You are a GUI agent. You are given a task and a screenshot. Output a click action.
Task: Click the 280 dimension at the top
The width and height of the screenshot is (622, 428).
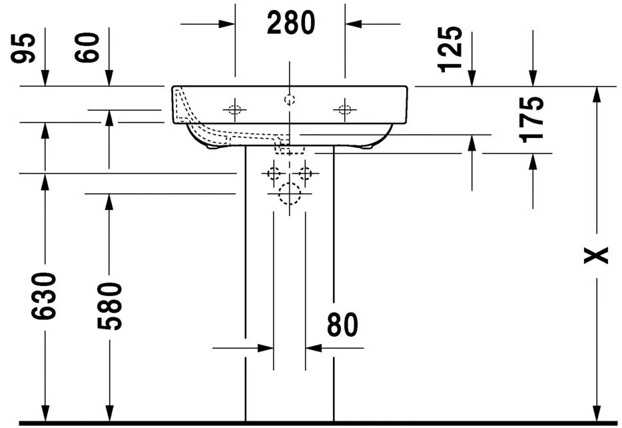pos(290,23)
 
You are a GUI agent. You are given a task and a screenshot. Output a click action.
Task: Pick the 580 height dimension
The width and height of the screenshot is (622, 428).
pos(109,307)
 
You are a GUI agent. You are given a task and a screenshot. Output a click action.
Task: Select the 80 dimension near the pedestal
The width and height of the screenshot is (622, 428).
pos(342,325)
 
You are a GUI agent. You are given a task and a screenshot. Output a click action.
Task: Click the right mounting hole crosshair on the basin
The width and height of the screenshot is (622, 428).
pos(344,109)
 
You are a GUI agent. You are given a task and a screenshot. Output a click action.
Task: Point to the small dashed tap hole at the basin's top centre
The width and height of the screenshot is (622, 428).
pos(289,99)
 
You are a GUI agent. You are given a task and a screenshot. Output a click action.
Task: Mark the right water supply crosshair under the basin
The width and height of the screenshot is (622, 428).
pos(306,173)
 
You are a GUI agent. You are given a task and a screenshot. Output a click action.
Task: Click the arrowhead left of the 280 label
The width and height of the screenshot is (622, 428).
pos(227,23)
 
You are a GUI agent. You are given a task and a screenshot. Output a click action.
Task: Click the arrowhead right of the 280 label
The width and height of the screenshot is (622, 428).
pos(353,23)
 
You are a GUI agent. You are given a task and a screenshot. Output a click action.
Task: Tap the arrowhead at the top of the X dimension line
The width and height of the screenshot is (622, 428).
pos(597,94)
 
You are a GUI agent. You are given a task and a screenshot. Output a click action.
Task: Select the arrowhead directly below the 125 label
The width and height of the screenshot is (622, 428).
pos(471,79)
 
